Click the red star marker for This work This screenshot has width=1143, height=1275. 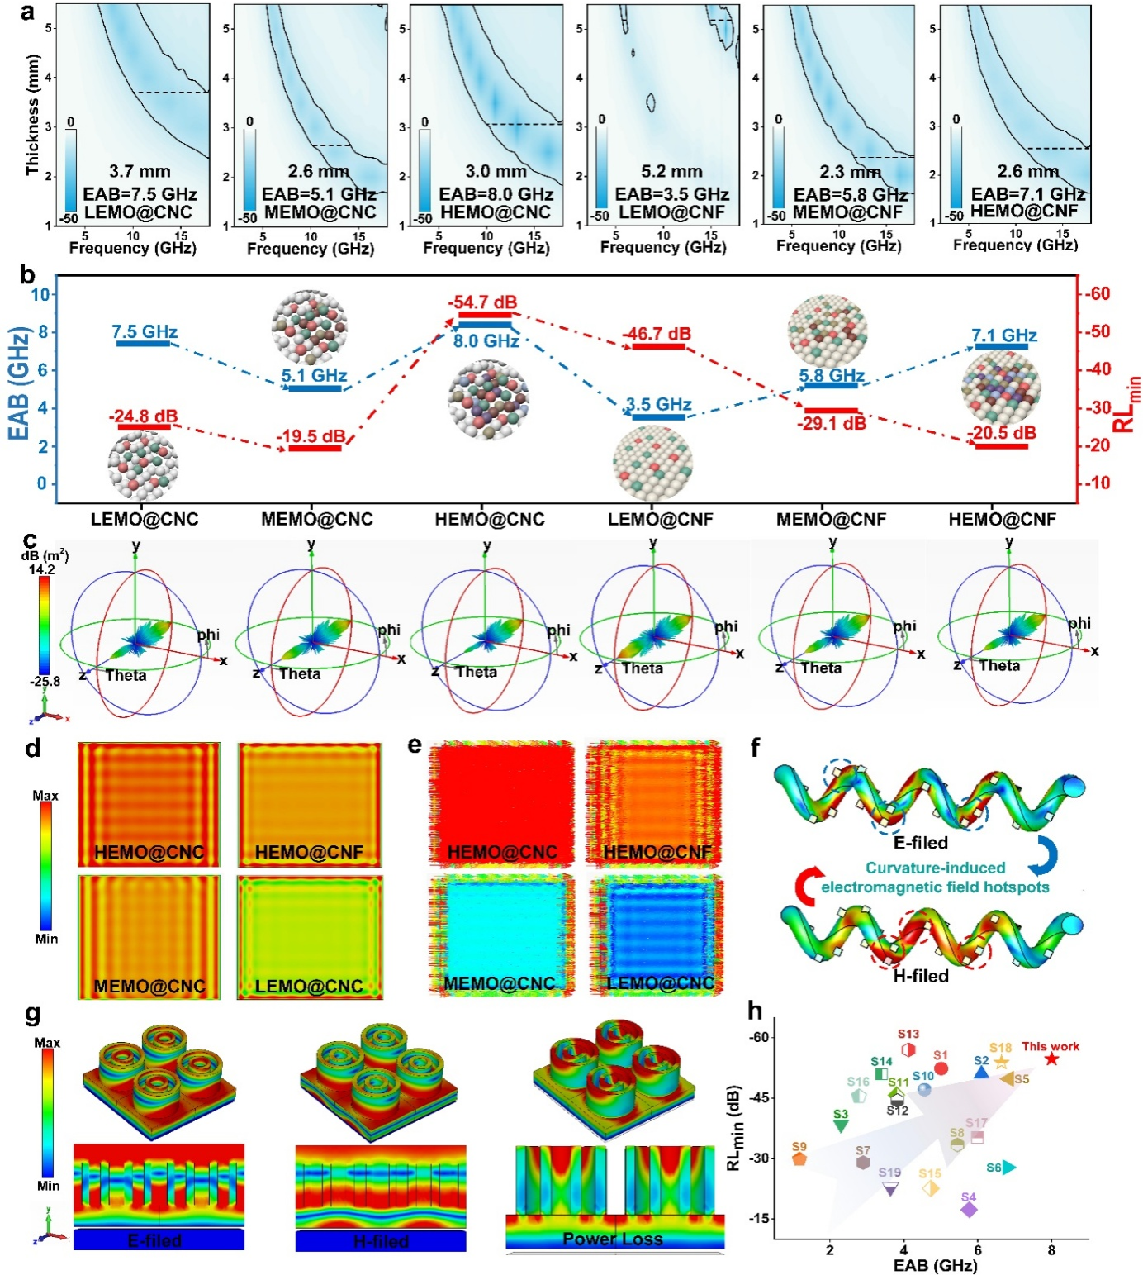point(1051,1059)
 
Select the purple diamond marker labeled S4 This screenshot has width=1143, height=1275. point(969,1210)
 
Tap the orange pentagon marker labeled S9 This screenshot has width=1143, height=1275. point(799,1158)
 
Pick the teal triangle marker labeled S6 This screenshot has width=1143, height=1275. point(1008,1168)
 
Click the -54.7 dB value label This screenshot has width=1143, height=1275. point(483,302)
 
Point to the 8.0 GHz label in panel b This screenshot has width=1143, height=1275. point(486,340)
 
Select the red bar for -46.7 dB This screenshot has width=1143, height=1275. point(658,347)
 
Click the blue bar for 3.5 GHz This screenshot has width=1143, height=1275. point(658,417)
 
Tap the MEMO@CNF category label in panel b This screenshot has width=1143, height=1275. point(831,520)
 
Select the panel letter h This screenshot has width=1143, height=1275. point(754,1010)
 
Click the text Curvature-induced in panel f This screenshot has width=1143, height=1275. point(923,868)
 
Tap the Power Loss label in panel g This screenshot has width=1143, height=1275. point(612,1239)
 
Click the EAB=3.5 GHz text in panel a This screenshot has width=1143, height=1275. point(671,194)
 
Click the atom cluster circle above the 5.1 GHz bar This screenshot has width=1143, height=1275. point(310,327)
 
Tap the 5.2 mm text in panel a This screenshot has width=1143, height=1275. point(671,172)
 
